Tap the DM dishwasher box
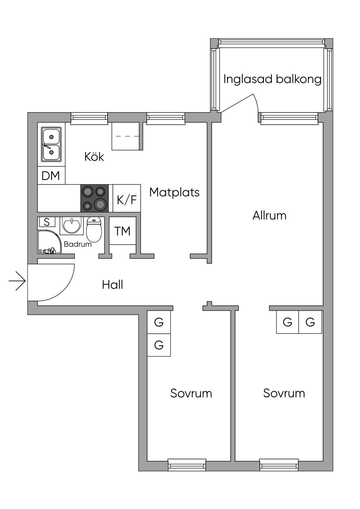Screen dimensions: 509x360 click(51, 175)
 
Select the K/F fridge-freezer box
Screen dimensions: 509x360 click(127, 199)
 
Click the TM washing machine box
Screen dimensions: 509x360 click(122, 231)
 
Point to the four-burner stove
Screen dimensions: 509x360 click(95, 198)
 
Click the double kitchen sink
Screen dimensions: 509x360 click(51, 144)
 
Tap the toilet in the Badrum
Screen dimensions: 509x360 click(94, 229)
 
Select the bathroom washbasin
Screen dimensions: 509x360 click(72, 225)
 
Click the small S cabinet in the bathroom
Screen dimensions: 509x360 click(47, 222)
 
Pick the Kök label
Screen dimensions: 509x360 click(94, 156)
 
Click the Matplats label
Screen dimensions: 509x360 click(174, 192)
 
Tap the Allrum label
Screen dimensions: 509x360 click(269, 215)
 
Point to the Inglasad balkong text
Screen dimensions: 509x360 click(272, 79)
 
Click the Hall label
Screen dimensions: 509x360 click(112, 284)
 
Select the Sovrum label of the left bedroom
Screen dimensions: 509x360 click(191, 393)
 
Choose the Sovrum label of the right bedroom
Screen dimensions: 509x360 click(284, 393)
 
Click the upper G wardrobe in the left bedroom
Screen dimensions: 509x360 click(159, 322)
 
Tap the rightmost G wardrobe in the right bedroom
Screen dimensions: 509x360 click(310, 322)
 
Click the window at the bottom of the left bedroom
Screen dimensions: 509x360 click(187, 465)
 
